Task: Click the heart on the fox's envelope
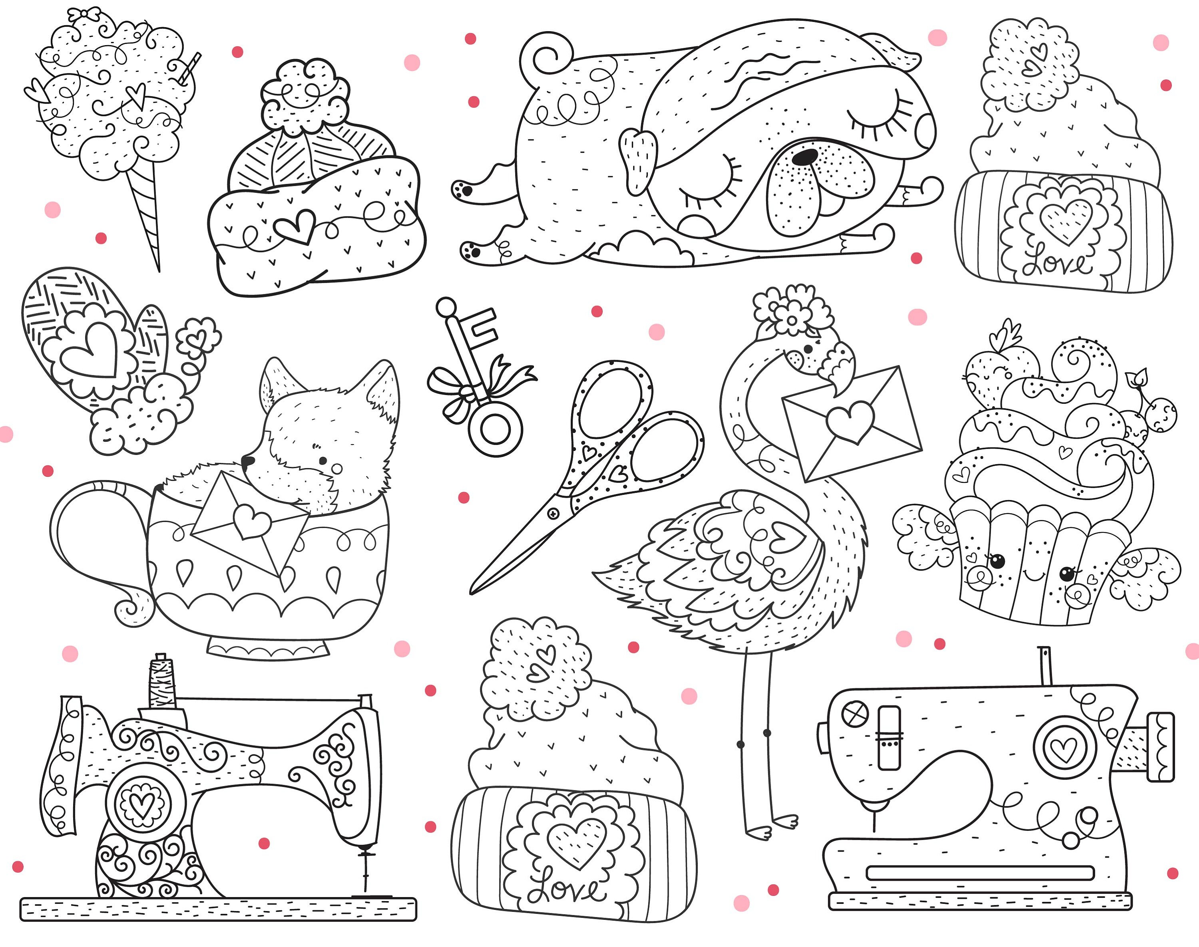coord(251,521)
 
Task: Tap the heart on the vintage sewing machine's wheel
coord(142,804)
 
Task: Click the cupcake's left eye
coord(997,562)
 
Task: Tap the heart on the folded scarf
coord(295,226)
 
